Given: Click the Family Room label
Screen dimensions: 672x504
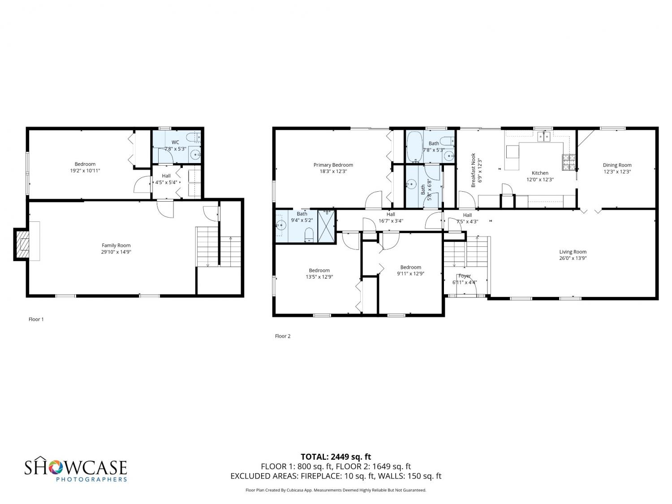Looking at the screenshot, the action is point(116,246).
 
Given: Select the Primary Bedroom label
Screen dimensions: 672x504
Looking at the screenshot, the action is point(333,165).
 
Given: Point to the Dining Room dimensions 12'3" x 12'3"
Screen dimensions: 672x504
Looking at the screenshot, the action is point(617,172).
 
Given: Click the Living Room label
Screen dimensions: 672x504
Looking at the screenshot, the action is point(573,252).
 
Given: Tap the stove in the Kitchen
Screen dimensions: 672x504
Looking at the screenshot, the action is point(569,162).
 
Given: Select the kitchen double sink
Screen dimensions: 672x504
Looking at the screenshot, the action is point(544,136).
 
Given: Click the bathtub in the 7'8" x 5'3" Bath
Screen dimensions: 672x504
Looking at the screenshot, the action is point(414,147).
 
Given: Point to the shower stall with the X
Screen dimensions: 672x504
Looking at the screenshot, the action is point(326,226).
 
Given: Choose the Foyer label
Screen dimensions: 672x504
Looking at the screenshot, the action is point(465,276).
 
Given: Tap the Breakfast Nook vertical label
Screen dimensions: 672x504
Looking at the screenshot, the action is point(473,170).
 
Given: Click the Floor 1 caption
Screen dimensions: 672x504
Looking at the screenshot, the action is point(36,319).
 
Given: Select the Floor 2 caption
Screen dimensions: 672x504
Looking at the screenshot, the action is point(283,336).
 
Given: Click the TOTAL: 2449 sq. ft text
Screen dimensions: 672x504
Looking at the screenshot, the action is point(336,457).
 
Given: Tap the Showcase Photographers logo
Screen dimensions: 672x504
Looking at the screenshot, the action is point(76,469).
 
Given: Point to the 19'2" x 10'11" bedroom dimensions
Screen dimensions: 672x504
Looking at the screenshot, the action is point(85,171).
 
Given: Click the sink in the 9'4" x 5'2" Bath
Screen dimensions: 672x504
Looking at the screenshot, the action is point(281,225).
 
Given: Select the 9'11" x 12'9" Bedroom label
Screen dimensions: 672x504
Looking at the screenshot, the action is point(410,267).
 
